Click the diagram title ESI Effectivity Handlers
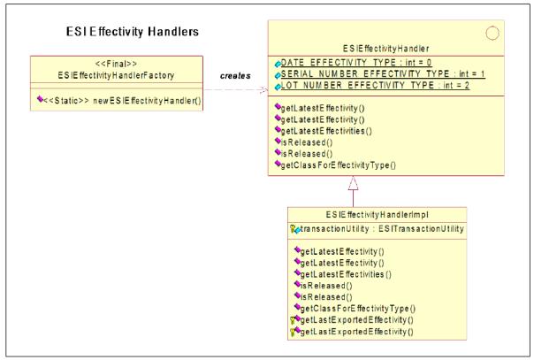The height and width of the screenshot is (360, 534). point(132,32)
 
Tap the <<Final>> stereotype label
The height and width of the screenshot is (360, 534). point(116,64)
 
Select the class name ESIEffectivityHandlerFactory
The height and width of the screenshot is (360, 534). point(116,75)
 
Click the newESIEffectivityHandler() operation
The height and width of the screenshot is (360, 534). point(123,101)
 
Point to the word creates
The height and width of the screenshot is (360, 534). point(235,75)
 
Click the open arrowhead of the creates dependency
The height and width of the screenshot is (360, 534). point(264,90)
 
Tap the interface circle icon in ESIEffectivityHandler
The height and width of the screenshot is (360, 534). point(492,34)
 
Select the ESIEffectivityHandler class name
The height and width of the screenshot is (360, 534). point(386,49)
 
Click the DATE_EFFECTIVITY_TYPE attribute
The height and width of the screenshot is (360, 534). point(356,63)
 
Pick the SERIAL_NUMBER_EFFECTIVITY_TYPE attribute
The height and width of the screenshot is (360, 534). point(383,74)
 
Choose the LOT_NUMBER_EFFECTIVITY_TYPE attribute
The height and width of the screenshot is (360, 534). point(375,85)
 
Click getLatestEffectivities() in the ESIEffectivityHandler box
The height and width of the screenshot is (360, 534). point(326,131)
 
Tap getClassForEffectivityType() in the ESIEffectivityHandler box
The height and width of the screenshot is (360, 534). point(339,165)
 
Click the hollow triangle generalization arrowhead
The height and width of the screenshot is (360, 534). point(353,183)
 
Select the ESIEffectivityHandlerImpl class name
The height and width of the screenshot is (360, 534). point(377,215)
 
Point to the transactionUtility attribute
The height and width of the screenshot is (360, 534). point(382,229)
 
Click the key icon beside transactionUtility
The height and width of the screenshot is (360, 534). point(293,229)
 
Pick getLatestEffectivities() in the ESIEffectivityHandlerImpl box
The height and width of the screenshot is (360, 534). point(346,274)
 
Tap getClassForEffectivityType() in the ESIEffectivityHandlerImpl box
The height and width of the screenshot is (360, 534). point(357,309)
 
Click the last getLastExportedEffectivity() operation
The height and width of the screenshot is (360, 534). point(356,332)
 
